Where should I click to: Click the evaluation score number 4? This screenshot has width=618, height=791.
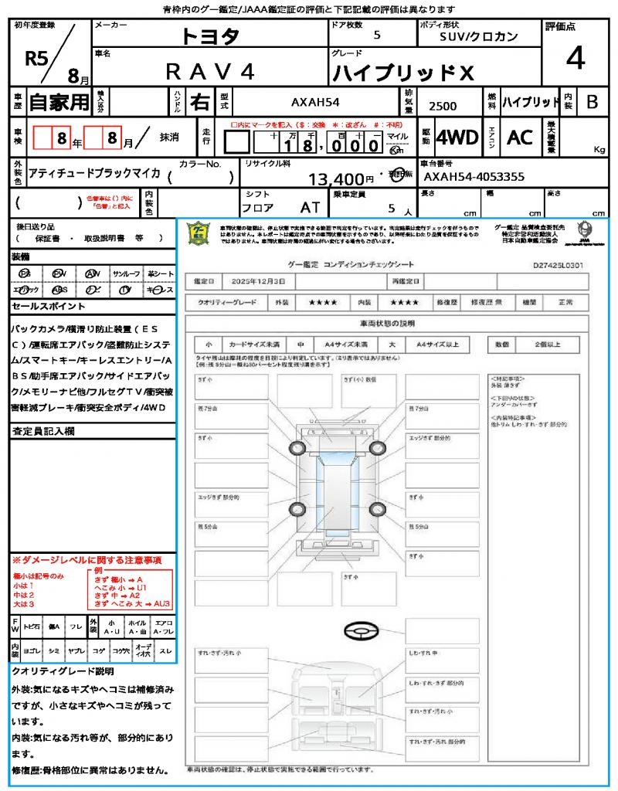[576, 59]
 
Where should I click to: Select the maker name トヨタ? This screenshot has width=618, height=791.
[210, 35]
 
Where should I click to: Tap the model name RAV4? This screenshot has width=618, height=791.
[210, 71]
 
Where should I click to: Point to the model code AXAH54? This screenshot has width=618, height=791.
[315, 102]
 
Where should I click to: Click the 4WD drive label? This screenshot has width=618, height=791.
[457, 137]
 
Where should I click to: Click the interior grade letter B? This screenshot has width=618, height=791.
[592, 102]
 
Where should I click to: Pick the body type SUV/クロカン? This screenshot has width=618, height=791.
[479, 36]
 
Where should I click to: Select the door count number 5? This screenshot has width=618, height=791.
[376, 35]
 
